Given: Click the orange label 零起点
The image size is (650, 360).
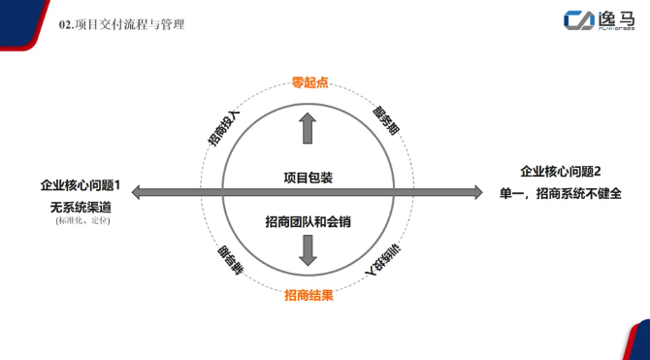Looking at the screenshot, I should [x=309, y=83].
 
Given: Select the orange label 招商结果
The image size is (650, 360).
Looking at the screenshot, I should [x=309, y=296].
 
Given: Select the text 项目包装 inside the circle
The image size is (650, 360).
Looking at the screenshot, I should [x=309, y=178].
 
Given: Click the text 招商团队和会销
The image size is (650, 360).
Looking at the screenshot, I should [x=308, y=222].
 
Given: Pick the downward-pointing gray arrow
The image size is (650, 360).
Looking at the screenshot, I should [x=308, y=250].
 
